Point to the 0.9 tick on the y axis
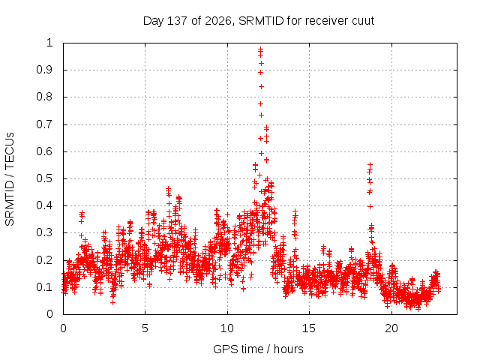[44, 70]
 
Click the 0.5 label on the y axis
[44, 178]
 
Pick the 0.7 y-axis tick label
[44, 124]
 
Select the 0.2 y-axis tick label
[44, 260]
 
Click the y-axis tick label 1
[49, 43]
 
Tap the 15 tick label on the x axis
[309, 328]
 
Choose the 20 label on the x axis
[391, 328]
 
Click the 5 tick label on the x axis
[145, 328]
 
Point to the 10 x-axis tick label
[226, 328]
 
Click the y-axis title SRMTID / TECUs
[10, 179]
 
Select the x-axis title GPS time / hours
[258, 349]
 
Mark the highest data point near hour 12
[260, 49]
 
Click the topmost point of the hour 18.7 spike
[370, 165]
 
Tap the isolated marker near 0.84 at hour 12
[261, 87]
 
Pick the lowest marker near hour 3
[113, 302]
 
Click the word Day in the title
[154, 21]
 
